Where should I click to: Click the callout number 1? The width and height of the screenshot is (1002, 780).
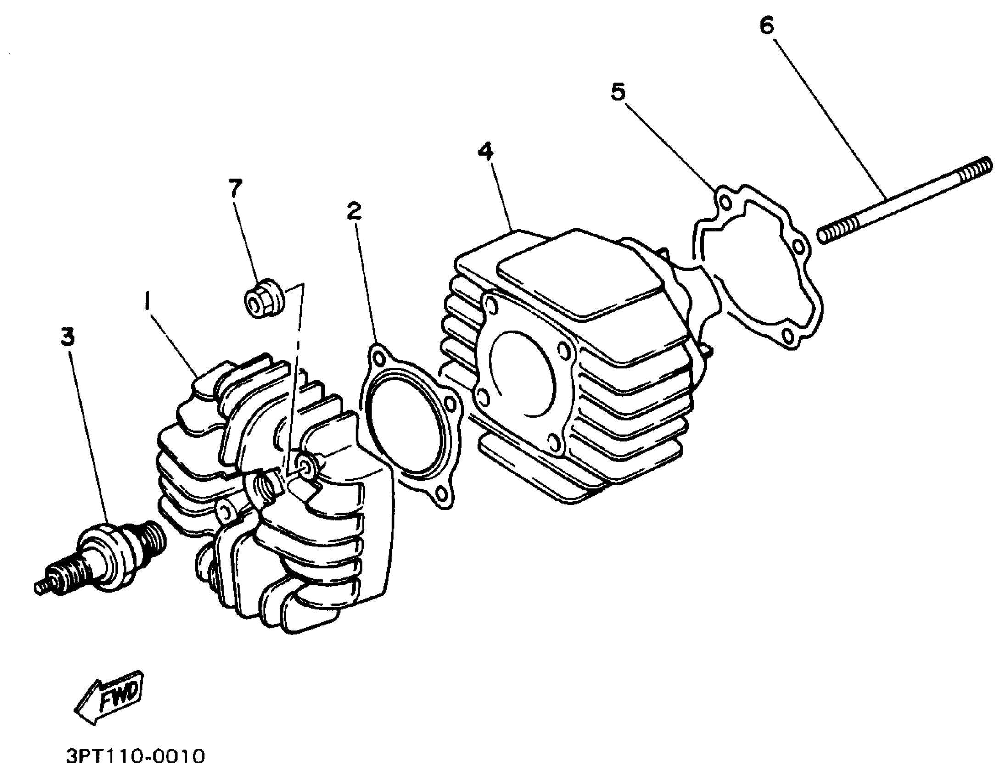(x=147, y=303)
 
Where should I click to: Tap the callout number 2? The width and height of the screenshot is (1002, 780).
(x=354, y=211)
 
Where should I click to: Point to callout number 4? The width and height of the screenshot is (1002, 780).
(x=485, y=151)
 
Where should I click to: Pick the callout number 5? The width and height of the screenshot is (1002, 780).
(x=618, y=92)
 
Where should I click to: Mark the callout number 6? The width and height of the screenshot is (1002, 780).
(x=766, y=26)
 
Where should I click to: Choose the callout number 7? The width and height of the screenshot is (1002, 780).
(x=235, y=188)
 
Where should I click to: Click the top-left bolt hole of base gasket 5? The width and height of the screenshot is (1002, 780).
(x=724, y=202)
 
